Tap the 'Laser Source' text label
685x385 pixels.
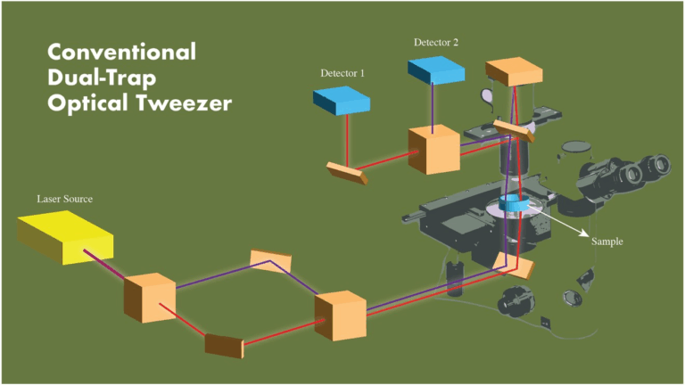click(64, 198)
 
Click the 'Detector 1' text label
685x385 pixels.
click(342, 72)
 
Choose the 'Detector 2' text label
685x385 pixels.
click(437, 42)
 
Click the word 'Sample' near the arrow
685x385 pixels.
click(607, 241)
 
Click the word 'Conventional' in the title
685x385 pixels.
click(121, 51)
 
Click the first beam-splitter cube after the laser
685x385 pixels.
click(150, 298)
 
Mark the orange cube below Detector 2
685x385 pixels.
click(433, 151)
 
